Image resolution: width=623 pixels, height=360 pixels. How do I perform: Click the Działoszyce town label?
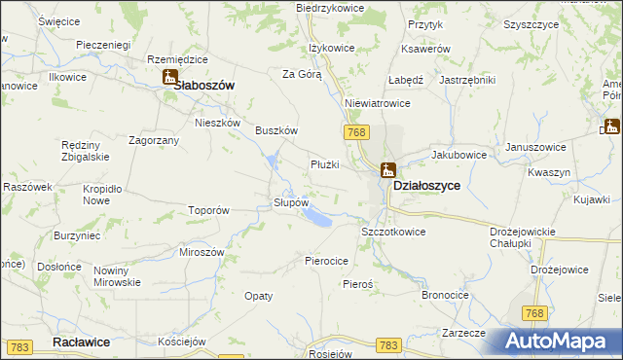[x=426, y=184]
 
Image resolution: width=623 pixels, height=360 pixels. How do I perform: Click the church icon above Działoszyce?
[x=387, y=169]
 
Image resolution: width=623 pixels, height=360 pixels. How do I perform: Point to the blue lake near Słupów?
[x=316, y=218]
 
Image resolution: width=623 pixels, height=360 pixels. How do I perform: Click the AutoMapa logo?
[x=561, y=341]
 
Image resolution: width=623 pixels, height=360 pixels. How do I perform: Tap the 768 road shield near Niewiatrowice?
[x=354, y=131]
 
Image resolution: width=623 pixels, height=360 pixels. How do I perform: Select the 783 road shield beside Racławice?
[x=20, y=346]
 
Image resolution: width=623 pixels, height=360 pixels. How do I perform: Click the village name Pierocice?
[x=327, y=261]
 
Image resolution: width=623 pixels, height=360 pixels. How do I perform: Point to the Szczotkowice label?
[x=394, y=232]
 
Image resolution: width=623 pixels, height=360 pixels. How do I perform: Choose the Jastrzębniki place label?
[x=468, y=80]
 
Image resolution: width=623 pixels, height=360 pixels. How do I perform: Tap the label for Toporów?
[x=208, y=209]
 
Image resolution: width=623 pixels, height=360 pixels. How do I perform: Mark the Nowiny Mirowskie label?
[x=118, y=276]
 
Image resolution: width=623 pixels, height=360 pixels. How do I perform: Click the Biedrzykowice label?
[x=330, y=8]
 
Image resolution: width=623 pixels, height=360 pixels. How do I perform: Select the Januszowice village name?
[x=535, y=147]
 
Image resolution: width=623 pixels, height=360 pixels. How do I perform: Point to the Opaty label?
[x=258, y=295]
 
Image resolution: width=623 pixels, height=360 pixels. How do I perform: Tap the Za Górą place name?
[x=302, y=73]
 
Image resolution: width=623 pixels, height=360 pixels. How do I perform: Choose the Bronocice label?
[x=446, y=294]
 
